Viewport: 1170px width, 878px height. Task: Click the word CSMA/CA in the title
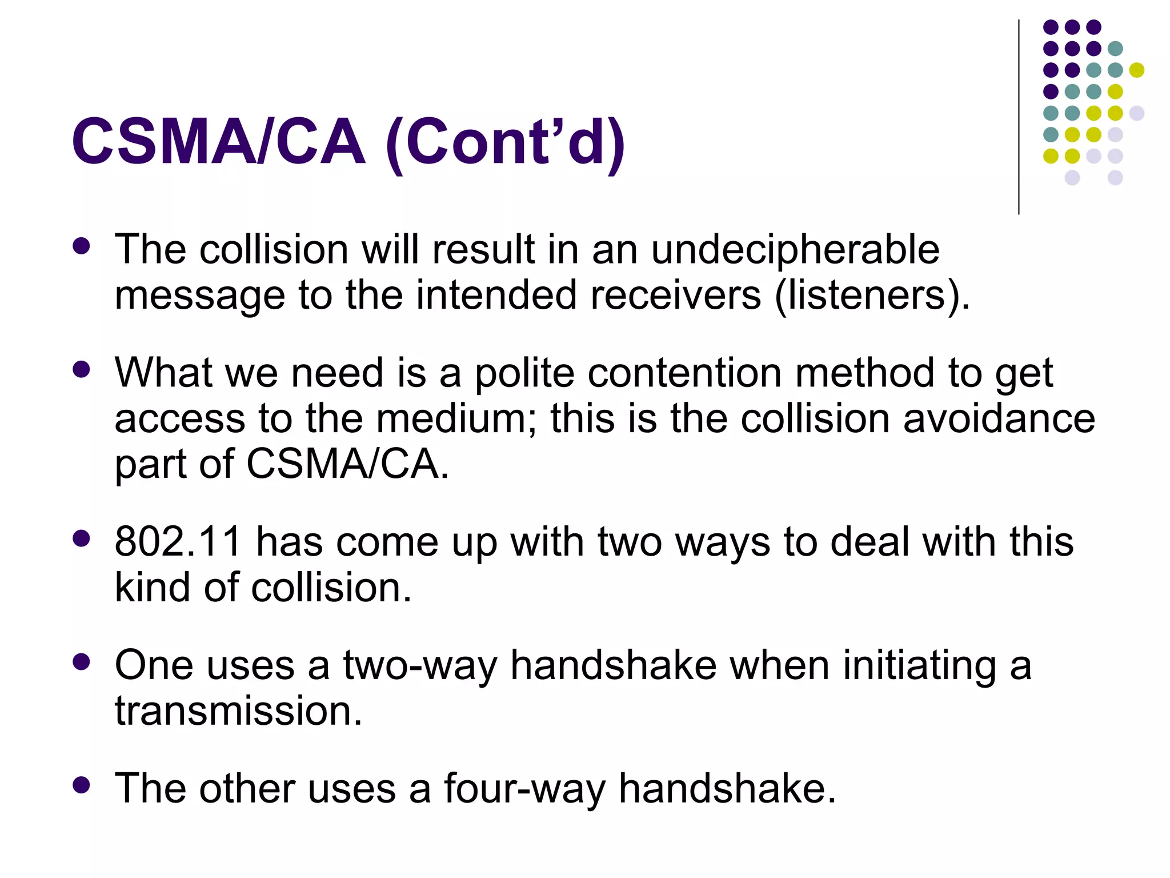pyautogui.click(x=218, y=141)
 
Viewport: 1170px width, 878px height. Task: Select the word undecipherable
pyautogui.click(x=795, y=250)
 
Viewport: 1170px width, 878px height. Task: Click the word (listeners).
pyautogui.click(x=872, y=296)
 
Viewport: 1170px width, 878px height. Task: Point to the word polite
pyautogui.click(x=524, y=373)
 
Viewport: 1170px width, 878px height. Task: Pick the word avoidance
pyautogui.click(x=999, y=418)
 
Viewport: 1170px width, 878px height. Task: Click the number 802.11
pyautogui.click(x=178, y=541)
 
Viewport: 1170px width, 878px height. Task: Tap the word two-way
pyautogui.click(x=420, y=666)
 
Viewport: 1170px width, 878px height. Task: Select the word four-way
pyautogui.click(x=524, y=789)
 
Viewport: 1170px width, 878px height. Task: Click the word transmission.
pyautogui.click(x=238, y=711)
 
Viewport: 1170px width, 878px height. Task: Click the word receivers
pyautogui.click(x=676, y=296)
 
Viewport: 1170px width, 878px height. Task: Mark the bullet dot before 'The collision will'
pyautogui.click(x=82, y=246)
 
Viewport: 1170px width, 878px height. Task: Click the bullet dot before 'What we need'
pyautogui.click(x=82, y=369)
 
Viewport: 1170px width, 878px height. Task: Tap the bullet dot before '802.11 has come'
pyautogui.click(x=82, y=538)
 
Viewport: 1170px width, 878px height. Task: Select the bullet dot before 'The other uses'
pyautogui.click(x=82, y=785)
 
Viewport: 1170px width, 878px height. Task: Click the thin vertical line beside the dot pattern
pyautogui.click(x=1019, y=117)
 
